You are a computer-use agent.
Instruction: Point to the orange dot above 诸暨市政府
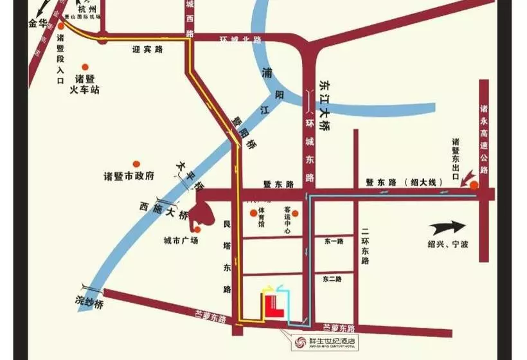click(x=136, y=164)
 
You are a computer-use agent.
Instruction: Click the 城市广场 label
click(x=181, y=240)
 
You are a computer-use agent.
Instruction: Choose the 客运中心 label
click(x=288, y=219)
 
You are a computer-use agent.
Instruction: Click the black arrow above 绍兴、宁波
click(x=447, y=228)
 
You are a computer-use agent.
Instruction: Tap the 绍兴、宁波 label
click(x=449, y=244)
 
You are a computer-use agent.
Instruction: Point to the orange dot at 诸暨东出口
click(x=474, y=186)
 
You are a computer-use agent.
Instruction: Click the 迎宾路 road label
click(x=148, y=48)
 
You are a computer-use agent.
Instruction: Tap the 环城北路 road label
click(x=241, y=39)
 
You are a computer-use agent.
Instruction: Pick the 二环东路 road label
click(x=365, y=247)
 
